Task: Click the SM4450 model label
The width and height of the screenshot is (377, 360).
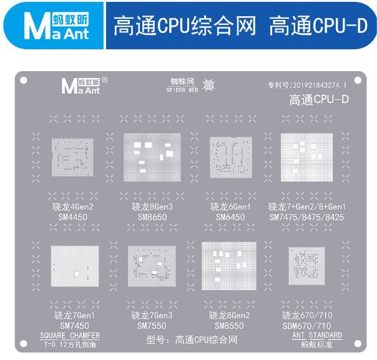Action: click(72, 217)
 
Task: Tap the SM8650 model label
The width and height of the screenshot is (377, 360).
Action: click(152, 217)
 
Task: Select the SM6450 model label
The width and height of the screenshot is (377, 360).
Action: click(230, 217)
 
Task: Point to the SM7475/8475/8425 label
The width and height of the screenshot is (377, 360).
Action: click(306, 217)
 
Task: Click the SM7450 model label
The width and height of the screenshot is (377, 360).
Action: click(74, 326)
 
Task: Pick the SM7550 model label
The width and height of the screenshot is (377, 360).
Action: click(152, 326)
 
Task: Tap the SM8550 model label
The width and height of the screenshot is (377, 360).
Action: click(229, 326)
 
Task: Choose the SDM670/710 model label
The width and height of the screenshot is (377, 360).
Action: click(307, 326)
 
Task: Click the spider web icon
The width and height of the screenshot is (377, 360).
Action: click(208, 85)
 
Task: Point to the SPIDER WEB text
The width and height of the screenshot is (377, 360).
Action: click(182, 90)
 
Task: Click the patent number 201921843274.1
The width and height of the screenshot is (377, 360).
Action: click(320, 85)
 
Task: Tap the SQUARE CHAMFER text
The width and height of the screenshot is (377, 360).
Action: click(70, 336)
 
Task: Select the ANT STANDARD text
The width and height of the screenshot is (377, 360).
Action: click(317, 335)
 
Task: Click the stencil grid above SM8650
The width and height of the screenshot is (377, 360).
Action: click(152, 157)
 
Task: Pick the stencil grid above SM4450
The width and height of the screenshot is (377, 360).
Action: click(72, 157)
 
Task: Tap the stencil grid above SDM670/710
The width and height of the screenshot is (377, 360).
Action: click(306, 266)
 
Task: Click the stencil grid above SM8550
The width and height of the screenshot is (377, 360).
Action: click(229, 266)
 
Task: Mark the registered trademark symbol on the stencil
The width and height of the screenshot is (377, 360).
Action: click(105, 80)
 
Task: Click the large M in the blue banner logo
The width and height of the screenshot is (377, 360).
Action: click(37, 26)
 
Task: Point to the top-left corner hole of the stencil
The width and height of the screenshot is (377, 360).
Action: click(24, 80)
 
